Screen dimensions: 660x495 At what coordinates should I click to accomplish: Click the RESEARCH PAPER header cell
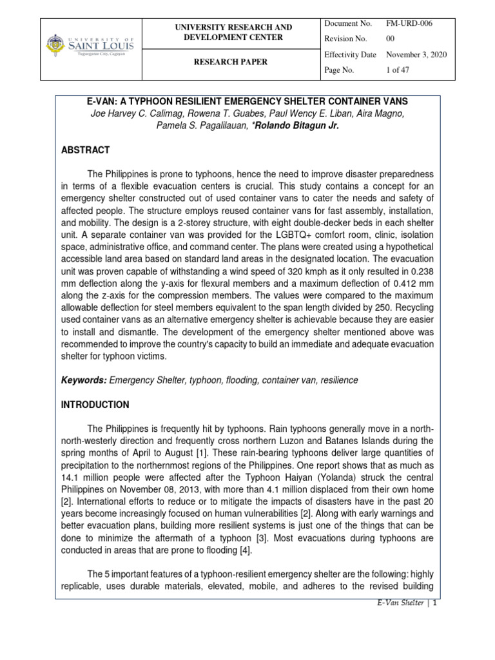[x=236, y=63]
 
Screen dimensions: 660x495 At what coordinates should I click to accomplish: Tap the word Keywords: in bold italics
[x=84, y=380]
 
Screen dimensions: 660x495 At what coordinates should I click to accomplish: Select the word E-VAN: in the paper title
[x=104, y=101]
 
